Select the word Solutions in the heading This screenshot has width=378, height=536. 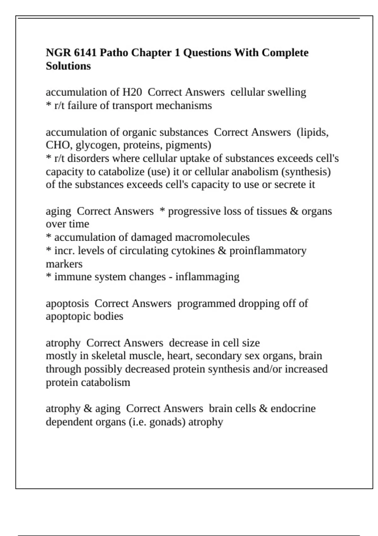(68, 66)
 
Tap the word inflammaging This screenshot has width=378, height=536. (207, 277)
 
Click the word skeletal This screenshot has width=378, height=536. (109, 356)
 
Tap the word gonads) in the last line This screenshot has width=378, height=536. (167, 422)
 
